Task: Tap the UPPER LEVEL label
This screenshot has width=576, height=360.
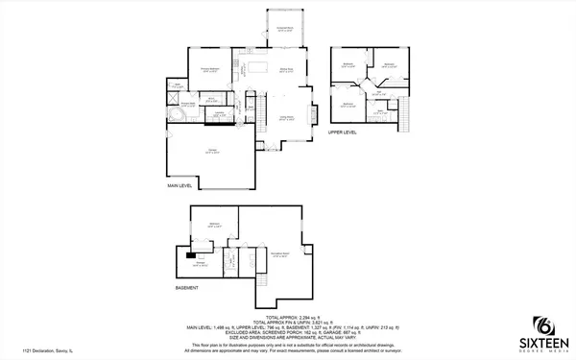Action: tap(343, 132)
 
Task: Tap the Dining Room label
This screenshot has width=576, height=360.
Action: tap(285, 70)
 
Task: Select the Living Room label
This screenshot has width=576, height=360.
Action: tap(285, 117)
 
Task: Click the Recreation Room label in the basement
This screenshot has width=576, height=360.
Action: tap(280, 253)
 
